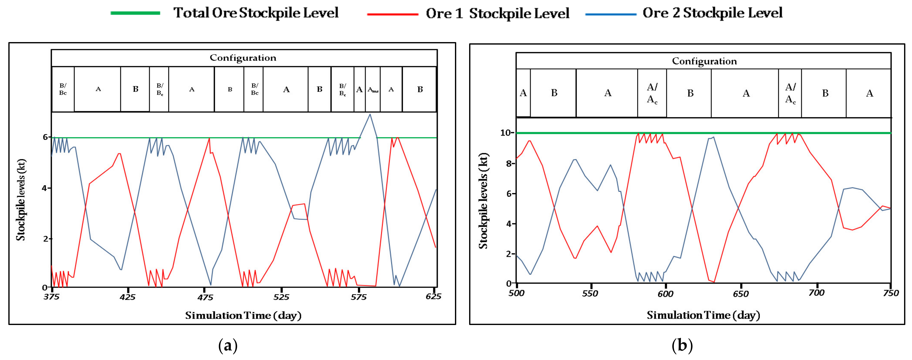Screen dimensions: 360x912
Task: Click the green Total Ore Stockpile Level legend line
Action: [x=135, y=13]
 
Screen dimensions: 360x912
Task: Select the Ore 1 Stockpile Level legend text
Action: [x=497, y=14]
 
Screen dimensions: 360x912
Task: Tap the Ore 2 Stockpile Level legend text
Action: [x=712, y=13]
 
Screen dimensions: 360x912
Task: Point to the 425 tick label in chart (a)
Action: [x=128, y=297]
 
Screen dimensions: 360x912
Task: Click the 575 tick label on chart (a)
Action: [x=359, y=297]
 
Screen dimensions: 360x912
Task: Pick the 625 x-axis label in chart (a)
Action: [x=433, y=296]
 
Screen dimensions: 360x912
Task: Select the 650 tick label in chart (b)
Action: [x=741, y=294]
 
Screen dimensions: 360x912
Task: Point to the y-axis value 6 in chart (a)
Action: [x=45, y=137]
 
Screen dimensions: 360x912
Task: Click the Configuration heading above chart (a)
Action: [x=243, y=58]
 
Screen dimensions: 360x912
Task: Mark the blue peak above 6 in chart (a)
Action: [x=370, y=114]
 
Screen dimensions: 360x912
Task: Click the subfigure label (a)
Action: [x=228, y=345]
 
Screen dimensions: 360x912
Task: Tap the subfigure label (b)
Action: [x=682, y=345]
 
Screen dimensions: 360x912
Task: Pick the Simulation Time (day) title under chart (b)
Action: [x=703, y=315]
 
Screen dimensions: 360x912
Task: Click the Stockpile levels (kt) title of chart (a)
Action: [x=21, y=200]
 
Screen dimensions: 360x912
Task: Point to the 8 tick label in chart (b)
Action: [x=508, y=164]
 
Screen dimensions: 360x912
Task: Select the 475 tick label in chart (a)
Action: [x=205, y=297]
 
